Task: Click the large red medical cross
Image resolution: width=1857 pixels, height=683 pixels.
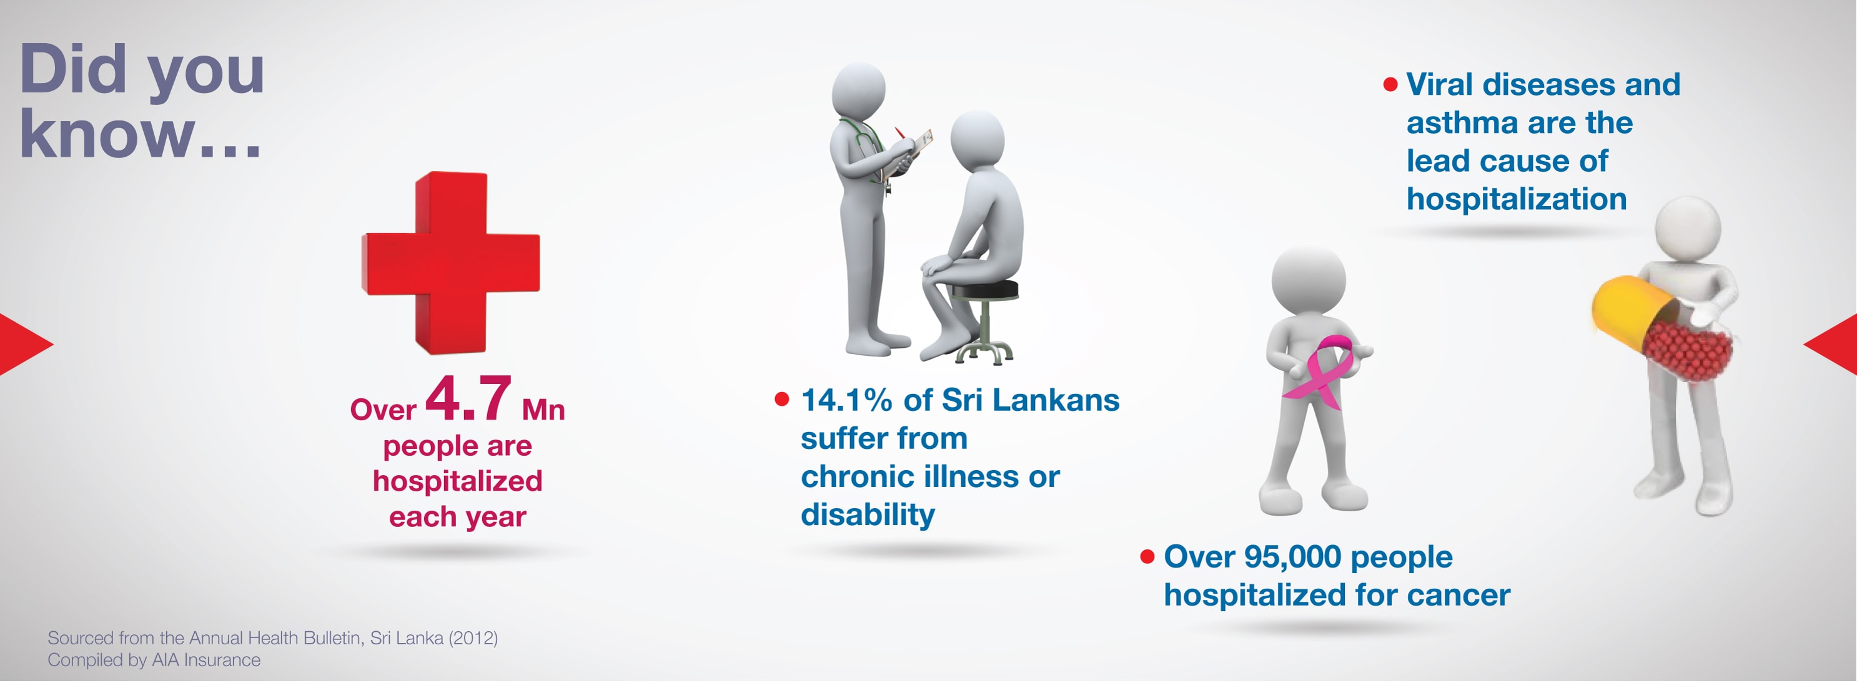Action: pos(450,263)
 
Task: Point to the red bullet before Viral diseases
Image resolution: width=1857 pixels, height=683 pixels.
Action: pos(1390,85)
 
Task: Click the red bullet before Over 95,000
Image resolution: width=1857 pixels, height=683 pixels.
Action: pos(1147,557)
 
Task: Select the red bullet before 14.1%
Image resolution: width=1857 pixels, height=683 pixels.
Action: pos(781,399)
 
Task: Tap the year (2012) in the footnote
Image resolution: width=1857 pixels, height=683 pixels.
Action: pos(473,638)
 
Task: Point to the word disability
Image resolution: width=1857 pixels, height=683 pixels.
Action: pos(868,515)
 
